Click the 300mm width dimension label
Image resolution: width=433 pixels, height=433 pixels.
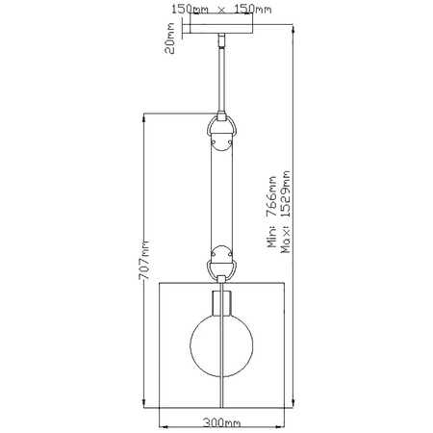point(221,423)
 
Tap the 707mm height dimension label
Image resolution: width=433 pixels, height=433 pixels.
point(144,260)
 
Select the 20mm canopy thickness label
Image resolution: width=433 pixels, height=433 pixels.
point(169,38)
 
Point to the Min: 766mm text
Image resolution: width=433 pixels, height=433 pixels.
point(272,212)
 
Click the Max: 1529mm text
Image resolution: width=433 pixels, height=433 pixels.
point(285,212)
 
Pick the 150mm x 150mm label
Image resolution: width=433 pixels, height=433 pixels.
point(221,9)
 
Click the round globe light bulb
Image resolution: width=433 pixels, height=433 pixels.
point(221,344)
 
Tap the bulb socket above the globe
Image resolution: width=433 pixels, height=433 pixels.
point(221,303)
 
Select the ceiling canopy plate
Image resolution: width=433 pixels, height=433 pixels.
point(221,29)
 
